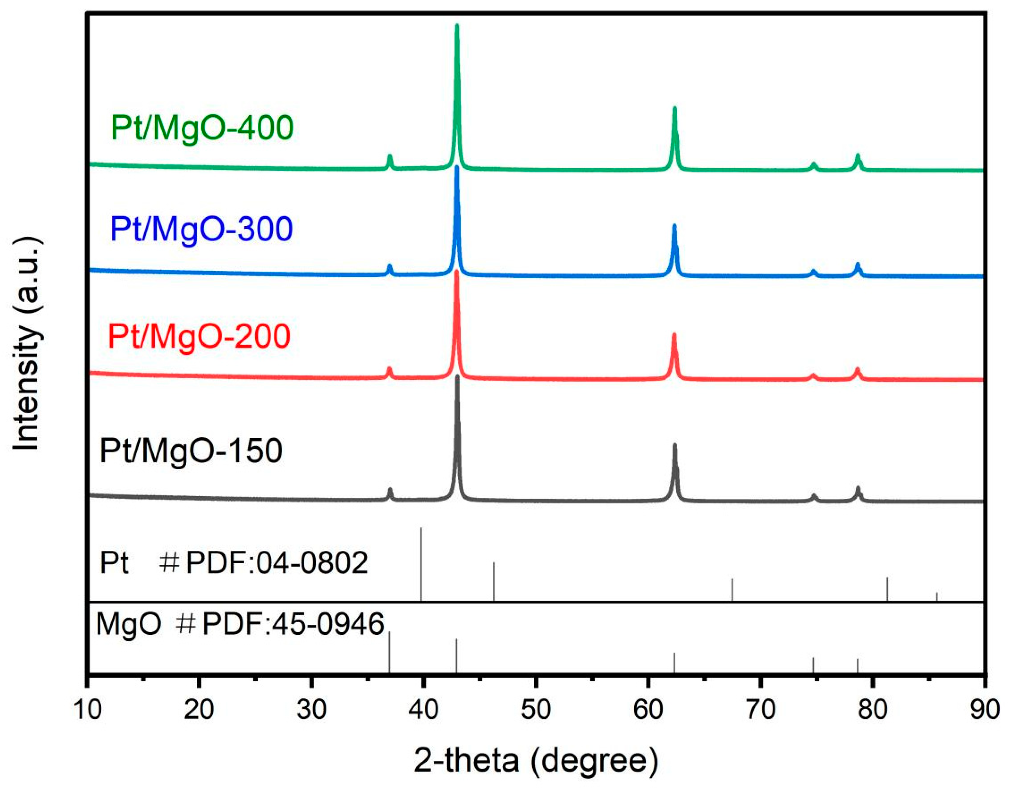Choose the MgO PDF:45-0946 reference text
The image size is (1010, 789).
click(x=240, y=624)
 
